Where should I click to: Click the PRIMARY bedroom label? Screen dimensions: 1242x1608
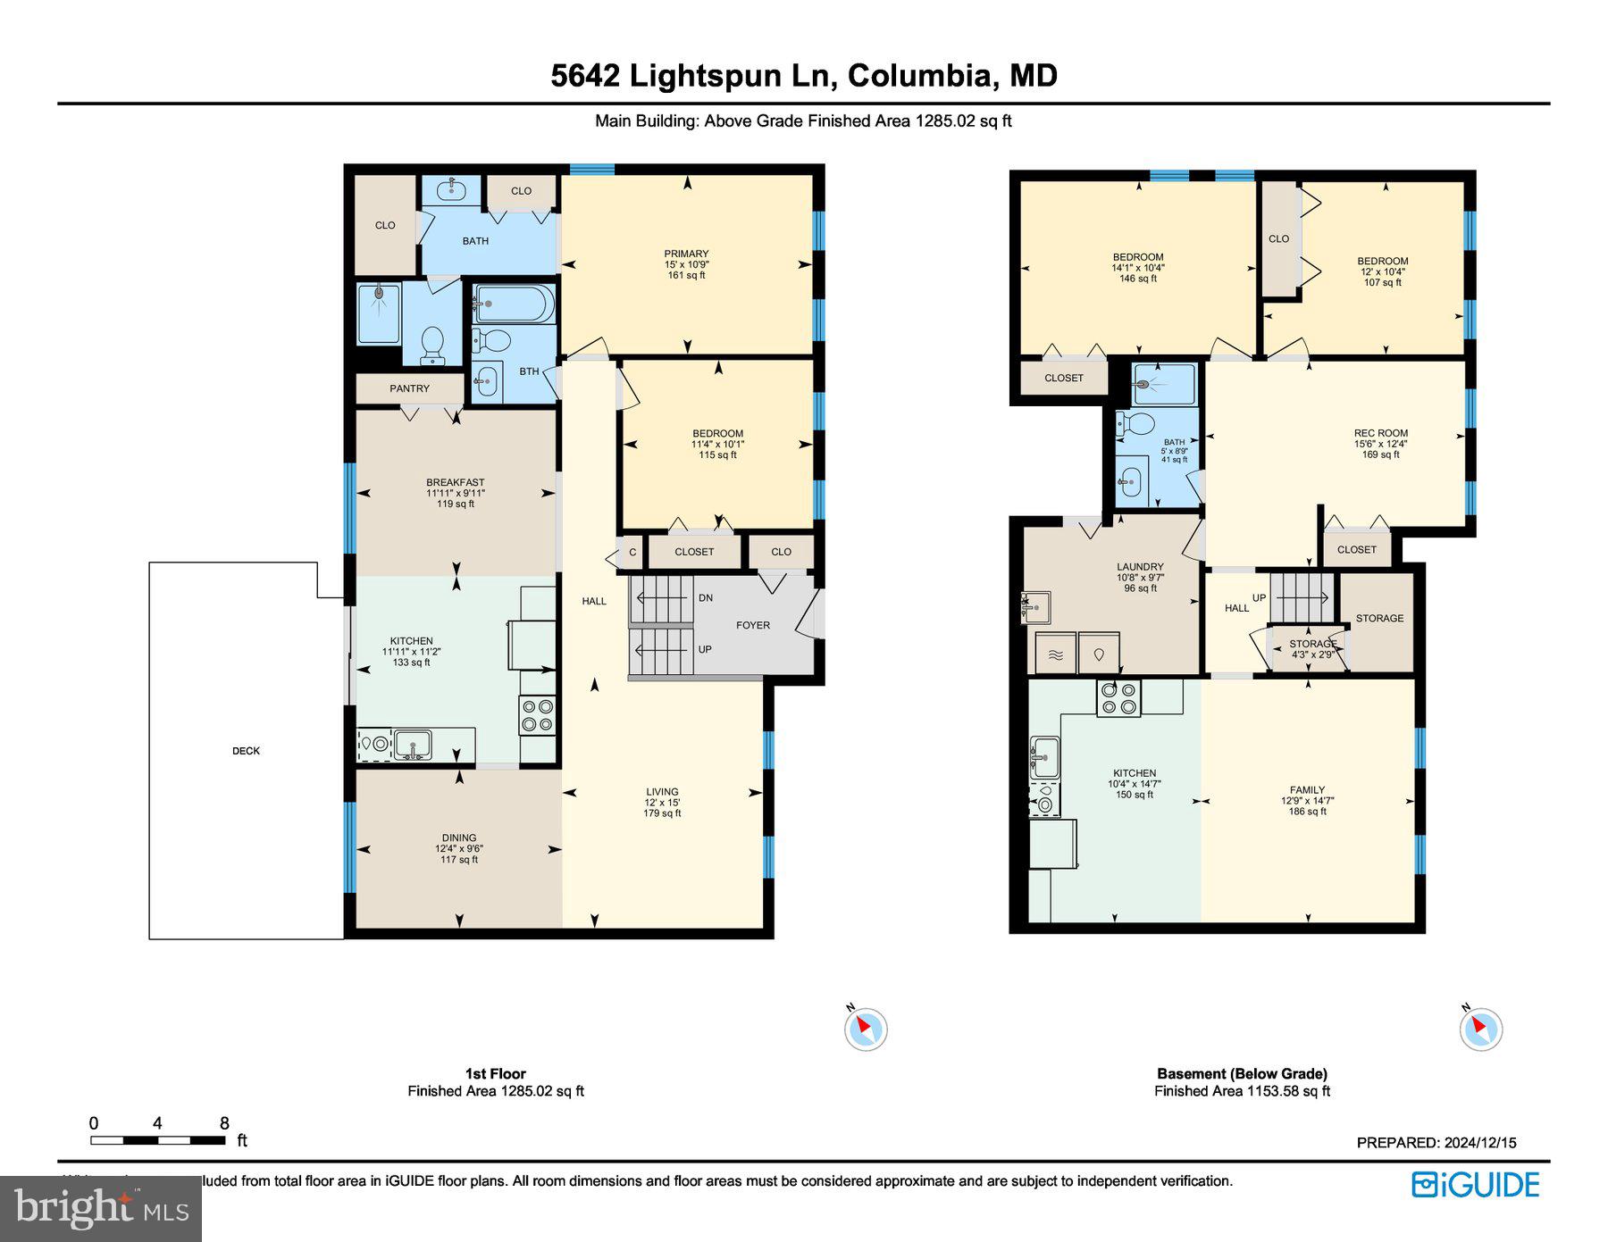tap(686, 254)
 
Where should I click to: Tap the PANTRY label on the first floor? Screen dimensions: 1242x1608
tap(409, 388)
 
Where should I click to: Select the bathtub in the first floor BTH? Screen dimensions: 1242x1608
tap(513, 304)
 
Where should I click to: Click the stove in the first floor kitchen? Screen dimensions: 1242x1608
tap(538, 715)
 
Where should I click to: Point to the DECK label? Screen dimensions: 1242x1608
tap(246, 751)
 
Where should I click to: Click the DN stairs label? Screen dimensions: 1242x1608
tap(706, 597)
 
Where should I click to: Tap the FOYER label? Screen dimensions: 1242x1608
tap(753, 625)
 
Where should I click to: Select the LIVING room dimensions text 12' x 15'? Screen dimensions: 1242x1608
tap(662, 803)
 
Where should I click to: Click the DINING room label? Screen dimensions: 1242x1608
tap(459, 838)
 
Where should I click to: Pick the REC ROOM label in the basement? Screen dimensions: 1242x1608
tap(1380, 433)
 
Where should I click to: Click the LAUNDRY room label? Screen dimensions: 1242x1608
tap(1140, 566)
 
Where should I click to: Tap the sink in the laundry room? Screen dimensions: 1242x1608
tap(1037, 608)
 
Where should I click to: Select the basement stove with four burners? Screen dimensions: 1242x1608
tap(1118, 697)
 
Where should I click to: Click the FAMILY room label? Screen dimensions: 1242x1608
tap(1307, 789)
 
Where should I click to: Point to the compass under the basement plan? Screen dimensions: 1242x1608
tap(1480, 1028)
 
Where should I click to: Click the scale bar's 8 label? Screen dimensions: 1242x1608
tap(224, 1123)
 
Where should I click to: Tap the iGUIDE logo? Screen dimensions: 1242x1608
tap(1475, 1185)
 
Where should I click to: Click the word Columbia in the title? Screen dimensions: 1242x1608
tap(920, 75)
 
